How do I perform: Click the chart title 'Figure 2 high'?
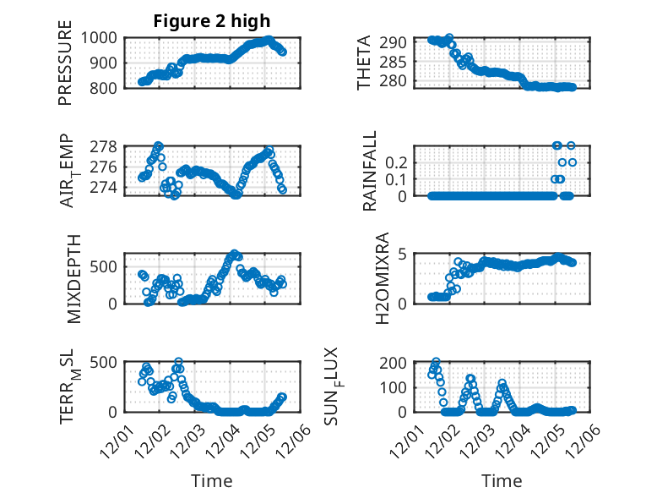click(x=211, y=21)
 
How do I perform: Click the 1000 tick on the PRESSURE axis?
click(x=102, y=38)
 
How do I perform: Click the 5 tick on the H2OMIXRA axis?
click(x=405, y=254)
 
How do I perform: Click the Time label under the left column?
click(x=211, y=480)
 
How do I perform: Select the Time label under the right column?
click(x=502, y=480)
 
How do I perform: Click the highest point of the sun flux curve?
click(x=436, y=362)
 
